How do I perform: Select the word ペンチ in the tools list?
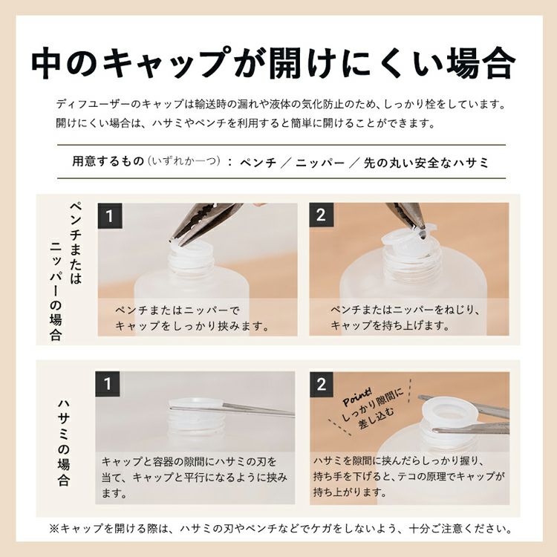(258, 163)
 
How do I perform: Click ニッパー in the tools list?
(320, 163)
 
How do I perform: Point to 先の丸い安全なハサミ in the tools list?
(426, 163)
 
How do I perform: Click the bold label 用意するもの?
(108, 161)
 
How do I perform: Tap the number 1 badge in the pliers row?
(110, 216)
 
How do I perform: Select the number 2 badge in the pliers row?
(321, 215)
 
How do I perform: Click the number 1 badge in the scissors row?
(108, 384)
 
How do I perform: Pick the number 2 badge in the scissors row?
(322, 385)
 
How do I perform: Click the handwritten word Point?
(357, 397)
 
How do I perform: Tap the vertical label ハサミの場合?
(64, 442)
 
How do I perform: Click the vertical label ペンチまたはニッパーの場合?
(66, 271)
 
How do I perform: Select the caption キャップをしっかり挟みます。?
(192, 326)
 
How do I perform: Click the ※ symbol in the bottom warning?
(54, 529)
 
